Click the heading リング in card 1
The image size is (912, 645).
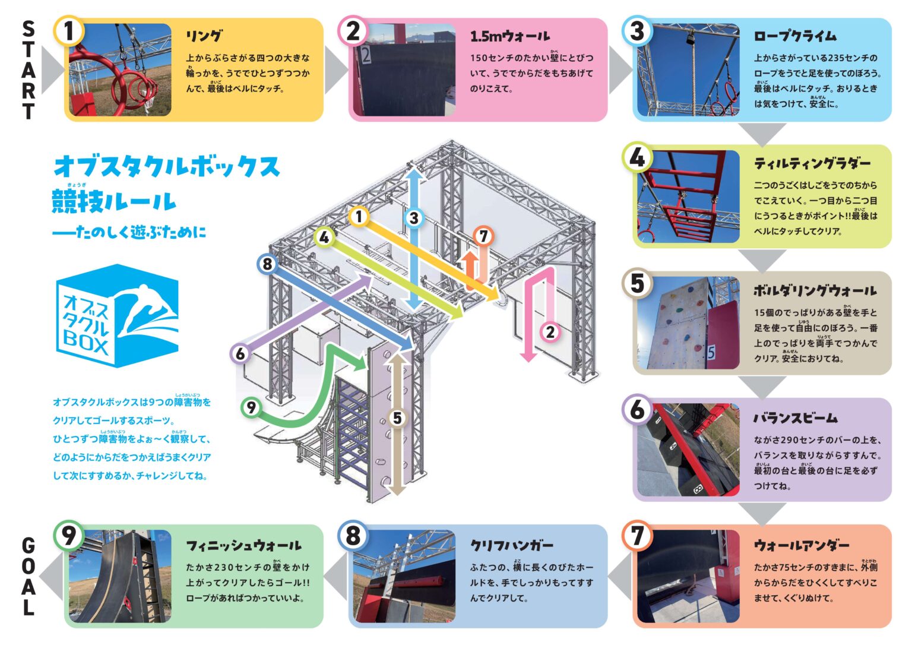click(x=204, y=36)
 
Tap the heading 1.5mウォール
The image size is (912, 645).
click(x=509, y=36)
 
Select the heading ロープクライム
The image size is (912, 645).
click(x=794, y=36)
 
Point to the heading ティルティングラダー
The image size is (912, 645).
click(x=812, y=163)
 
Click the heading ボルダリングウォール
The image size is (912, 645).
click(x=815, y=290)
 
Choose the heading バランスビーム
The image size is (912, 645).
click(x=796, y=418)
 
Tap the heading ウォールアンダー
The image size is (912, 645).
click(x=802, y=545)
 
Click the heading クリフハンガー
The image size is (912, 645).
click(x=511, y=545)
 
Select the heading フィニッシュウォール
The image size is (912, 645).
click(x=243, y=545)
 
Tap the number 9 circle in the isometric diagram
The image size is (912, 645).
click(x=251, y=407)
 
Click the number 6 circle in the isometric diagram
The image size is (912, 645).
click(x=240, y=354)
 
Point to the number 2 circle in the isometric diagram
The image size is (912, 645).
click(x=550, y=332)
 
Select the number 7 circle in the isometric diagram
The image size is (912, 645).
click(x=483, y=236)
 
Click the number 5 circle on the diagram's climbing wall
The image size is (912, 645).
click(x=397, y=418)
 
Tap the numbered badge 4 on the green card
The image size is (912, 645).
click(x=636, y=158)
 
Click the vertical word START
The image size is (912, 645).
click(x=28, y=70)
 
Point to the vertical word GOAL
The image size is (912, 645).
click(x=28, y=576)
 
